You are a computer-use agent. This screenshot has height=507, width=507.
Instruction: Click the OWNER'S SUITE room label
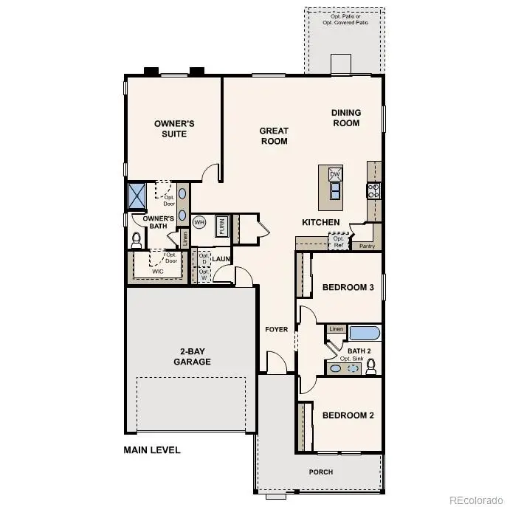[x=174, y=128]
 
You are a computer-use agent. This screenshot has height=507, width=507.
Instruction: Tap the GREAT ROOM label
[x=274, y=136]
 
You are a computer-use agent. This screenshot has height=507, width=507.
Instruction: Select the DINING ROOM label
[x=345, y=118]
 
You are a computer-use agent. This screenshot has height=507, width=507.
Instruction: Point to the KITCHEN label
[x=321, y=222]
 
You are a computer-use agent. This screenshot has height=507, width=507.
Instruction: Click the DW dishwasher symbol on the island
[x=335, y=174]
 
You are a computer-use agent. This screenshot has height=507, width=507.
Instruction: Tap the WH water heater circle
[x=199, y=221]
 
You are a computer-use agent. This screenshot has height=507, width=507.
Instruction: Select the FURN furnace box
[x=221, y=225]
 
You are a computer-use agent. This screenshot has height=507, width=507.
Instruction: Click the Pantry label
[x=366, y=246]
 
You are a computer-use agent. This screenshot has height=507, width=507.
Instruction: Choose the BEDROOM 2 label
[x=348, y=415]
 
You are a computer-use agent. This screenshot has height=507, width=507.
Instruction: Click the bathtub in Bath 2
[x=364, y=333]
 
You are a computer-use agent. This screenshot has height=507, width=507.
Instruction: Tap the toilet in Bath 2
[x=371, y=366]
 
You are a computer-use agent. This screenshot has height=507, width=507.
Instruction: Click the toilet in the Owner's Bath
[x=136, y=240]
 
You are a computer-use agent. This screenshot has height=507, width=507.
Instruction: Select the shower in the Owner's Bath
[x=137, y=196]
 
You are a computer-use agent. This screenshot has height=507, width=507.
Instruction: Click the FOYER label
[x=277, y=328]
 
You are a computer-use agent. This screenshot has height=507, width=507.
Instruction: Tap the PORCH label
[x=320, y=472]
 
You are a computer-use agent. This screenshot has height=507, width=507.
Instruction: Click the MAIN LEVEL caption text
[x=151, y=449]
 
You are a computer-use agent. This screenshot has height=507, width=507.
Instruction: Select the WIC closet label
[x=158, y=272]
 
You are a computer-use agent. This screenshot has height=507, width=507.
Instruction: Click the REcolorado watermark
[x=476, y=497]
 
